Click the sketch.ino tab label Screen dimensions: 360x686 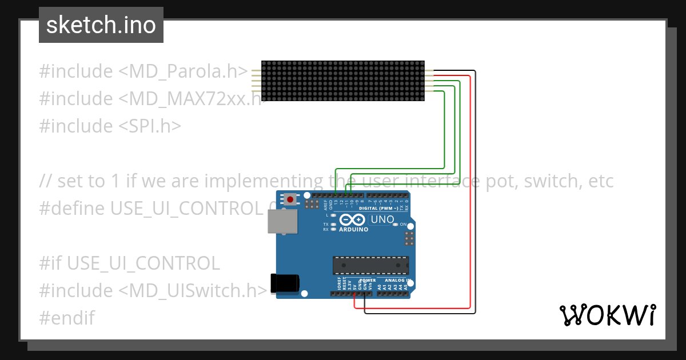tap(101, 25)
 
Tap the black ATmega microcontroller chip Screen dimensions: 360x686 tap(370, 266)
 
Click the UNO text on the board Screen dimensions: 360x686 tap(382, 219)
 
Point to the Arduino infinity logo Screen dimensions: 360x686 tap(349, 220)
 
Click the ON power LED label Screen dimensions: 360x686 tap(403, 225)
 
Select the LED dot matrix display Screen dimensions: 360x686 tap(343, 81)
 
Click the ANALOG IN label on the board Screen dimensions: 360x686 tap(397, 281)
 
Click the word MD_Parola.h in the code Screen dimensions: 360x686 tap(184, 71)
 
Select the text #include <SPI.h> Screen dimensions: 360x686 tap(110, 126)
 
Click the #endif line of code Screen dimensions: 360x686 tap(67, 318)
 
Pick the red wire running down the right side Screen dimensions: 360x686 tap(470, 194)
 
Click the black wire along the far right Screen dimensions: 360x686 tap(475, 194)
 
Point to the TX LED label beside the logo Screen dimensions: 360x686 tap(326, 225)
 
